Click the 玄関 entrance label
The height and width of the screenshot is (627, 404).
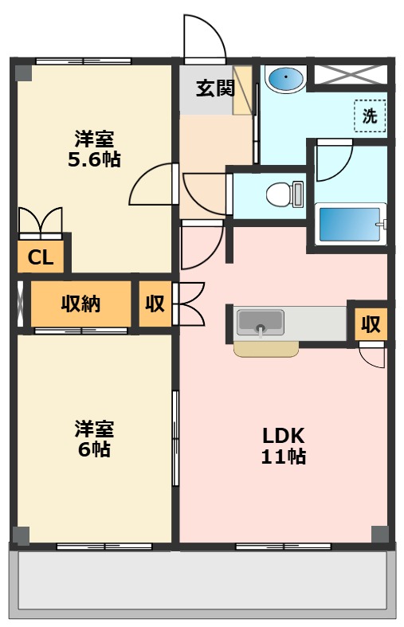click(x=215, y=88)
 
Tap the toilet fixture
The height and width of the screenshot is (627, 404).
click(x=284, y=194)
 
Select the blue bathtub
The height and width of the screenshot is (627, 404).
click(x=351, y=224)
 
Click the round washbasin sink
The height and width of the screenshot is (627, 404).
click(x=285, y=78)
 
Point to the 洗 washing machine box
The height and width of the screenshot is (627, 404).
click(x=370, y=116)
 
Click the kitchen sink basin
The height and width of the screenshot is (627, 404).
click(x=261, y=323)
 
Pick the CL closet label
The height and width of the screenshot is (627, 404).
click(x=41, y=257)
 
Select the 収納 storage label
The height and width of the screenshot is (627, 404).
click(x=80, y=304)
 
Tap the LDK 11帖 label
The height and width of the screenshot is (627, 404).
click(x=284, y=446)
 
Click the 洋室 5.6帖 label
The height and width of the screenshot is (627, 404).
click(x=94, y=149)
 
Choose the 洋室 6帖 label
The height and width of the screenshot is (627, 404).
click(x=94, y=439)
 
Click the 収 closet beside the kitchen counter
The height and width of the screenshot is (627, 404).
click(x=371, y=324)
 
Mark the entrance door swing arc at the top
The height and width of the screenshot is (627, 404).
click(x=205, y=38)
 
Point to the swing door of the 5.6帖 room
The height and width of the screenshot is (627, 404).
click(x=153, y=184)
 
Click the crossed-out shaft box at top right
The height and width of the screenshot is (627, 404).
click(x=351, y=74)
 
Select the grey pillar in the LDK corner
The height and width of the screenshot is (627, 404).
click(x=380, y=535)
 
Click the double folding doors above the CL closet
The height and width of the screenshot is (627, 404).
click(x=41, y=223)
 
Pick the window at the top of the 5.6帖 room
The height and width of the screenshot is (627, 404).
click(x=84, y=61)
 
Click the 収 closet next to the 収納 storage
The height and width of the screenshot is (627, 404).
click(x=155, y=304)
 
